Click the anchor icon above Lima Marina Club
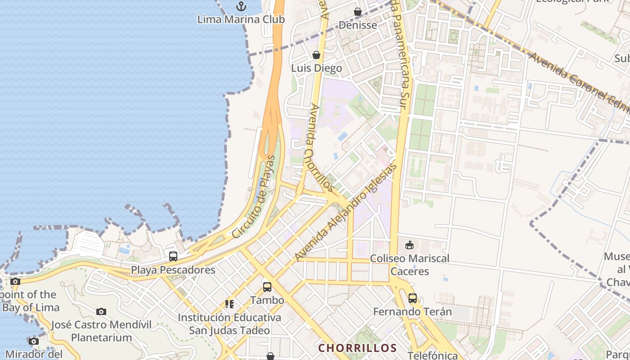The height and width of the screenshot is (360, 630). pos(242,6)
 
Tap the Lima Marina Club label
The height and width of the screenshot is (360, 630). pos(241,20)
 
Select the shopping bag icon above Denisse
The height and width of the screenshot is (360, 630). pos(358,12)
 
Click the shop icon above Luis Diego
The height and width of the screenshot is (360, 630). pos(316,55)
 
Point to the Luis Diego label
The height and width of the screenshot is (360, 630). pos(316,68)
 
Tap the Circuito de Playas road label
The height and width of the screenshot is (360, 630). pos(253,197)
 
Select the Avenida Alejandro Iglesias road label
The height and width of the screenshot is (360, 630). pos(346,212)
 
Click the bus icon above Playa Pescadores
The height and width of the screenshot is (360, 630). pos(173,256)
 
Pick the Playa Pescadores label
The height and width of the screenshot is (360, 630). pos(173,270)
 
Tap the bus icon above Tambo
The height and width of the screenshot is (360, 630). pos(267,287)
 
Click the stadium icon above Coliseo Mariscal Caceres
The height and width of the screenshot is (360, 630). pos(409,245)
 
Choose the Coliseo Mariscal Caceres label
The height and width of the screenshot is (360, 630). pos(409,265)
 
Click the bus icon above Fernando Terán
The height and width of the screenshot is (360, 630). pos(412,298)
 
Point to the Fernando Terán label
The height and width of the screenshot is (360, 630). pos(412,311)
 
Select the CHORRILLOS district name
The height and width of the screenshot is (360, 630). pos(358,348)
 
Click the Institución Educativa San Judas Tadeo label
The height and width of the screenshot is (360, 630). pos(229,324)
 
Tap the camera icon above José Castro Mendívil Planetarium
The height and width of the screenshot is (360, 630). pos(101,311)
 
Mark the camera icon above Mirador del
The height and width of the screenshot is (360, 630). pos(34,341)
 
